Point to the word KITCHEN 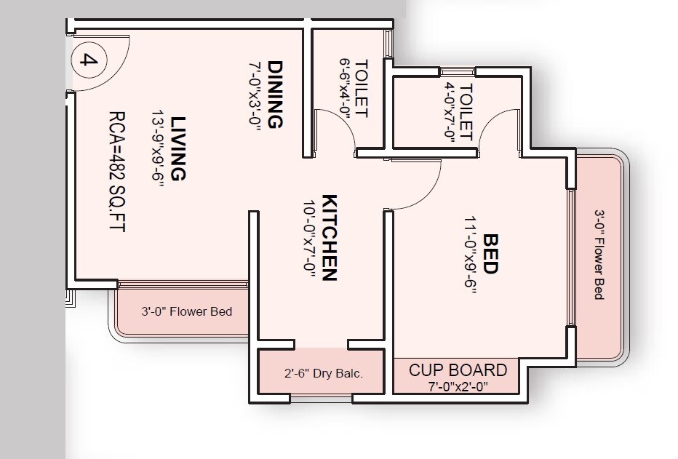click(x=328, y=237)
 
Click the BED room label click(x=490, y=253)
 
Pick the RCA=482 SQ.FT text click(x=117, y=171)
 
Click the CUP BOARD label click(x=458, y=370)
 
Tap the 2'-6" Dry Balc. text click(x=323, y=375)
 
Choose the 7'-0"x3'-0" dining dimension click(x=255, y=95)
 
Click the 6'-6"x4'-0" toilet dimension click(x=345, y=88)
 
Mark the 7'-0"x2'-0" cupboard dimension click(x=458, y=387)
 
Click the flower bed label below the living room click(x=186, y=312)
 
